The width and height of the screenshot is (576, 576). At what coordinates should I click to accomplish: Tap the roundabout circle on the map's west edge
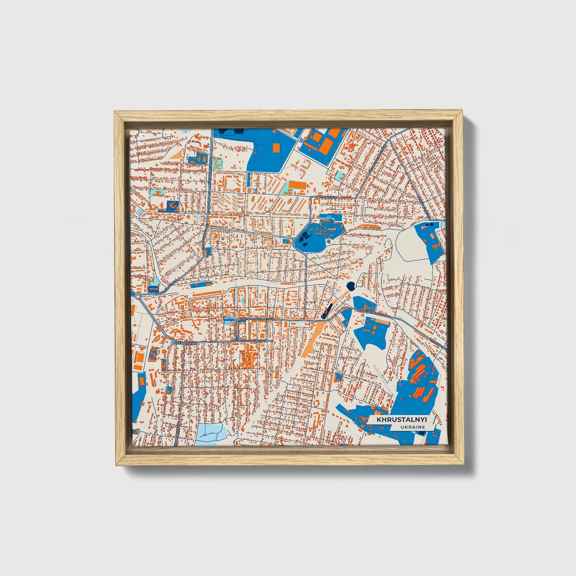pos(138,297)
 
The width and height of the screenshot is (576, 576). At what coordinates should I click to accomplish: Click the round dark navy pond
pos(351,285)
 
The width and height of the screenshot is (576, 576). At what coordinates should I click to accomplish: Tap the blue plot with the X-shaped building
pos(173,206)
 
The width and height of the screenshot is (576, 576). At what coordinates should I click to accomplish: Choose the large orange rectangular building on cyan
pos(297,185)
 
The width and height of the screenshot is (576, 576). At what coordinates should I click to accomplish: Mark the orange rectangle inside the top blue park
pos(276,147)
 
